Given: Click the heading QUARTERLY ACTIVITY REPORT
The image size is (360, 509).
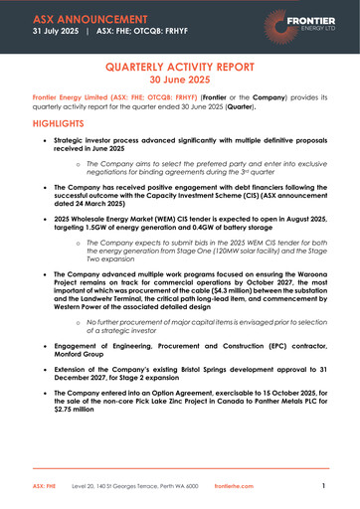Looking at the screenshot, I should (180, 67).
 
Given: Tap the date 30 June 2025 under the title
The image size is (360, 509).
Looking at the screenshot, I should (180, 81).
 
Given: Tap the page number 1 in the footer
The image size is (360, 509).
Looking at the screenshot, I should (324, 486).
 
